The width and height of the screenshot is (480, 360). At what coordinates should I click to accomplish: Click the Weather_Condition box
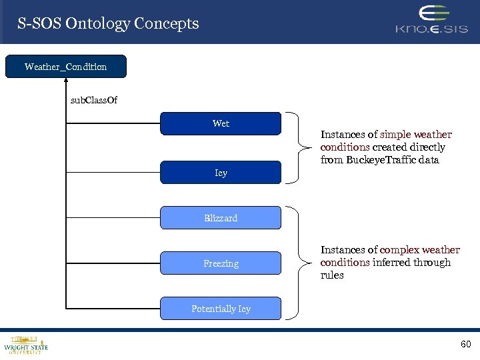(x=65, y=67)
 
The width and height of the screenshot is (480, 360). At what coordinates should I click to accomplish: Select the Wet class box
(x=221, y=123)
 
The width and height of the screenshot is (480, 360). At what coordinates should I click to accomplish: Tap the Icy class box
(x=221, y=173)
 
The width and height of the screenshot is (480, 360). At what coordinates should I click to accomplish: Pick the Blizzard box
(x=221, y=218)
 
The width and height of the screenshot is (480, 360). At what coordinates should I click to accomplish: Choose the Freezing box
(x=221, y=263)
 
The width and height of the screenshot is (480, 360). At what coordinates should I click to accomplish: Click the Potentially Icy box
(x=221, y=309)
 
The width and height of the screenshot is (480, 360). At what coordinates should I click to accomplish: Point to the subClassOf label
(x=94, y=101)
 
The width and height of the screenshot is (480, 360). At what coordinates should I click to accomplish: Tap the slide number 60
(x=465, y=344)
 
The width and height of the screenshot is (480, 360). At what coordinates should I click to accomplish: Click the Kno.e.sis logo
(x=431, y=20)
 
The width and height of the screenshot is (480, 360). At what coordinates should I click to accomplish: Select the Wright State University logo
(x=25, y=344)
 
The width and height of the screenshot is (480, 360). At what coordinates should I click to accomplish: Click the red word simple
(x=395, y=135)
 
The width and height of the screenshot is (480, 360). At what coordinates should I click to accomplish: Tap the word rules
(x=332, y=275)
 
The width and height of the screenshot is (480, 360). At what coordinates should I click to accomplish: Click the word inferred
(x=392, y=263)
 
